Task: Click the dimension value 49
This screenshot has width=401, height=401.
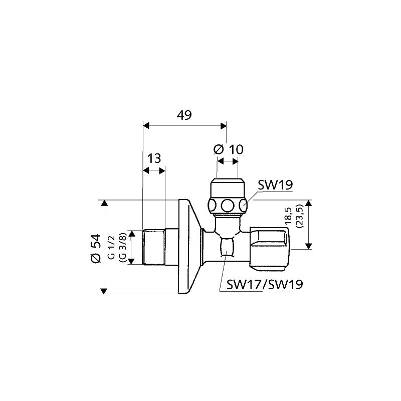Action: click(184, 115)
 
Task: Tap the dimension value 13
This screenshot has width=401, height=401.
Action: click(154, 158)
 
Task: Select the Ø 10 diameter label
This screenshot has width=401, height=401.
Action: click(229, 149)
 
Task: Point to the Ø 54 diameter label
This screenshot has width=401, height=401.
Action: click(96, 248)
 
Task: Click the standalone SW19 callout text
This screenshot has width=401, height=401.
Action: click(275, 185)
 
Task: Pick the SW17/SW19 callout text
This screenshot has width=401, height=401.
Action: click(265, 284)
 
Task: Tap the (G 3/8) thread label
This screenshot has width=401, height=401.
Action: click(123, 247)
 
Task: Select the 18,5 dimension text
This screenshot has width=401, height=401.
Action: click(288, 216)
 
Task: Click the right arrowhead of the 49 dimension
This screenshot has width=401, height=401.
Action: click(224, 126)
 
